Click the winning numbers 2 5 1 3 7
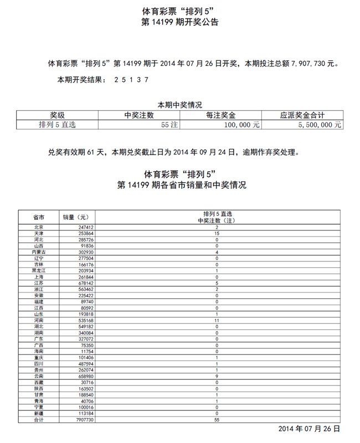pyautogui.click(x=131, y=80)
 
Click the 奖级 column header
pyautogui.click(x=58, y=115)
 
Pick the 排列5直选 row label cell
pyautogui.click(x=58, y=125)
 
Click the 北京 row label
pyautogui.click(x=39, y=228)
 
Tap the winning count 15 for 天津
pyautogui.click(x=217, y=234)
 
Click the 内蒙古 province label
pyautogui.click(x=39, y=252)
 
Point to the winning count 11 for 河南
pyautogui.click(x=217, y=320)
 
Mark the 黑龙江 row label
pyautogui.click(x=39, y=270)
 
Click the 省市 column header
pyautogui.click(x=39, y=217)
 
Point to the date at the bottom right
pyautogui.click(x=308, y=429)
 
